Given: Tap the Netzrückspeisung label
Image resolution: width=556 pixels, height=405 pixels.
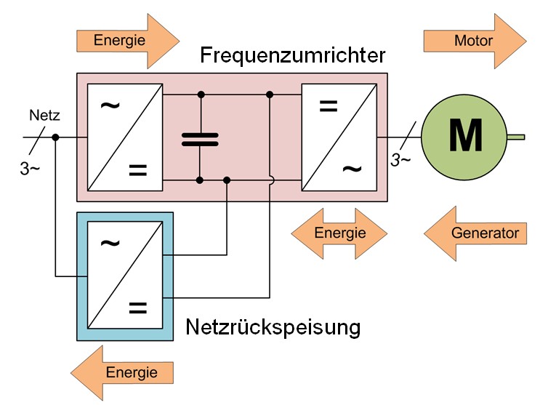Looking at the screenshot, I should tap(273, 327).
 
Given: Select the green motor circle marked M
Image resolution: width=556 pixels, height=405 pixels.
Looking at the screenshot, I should tap(464, 136).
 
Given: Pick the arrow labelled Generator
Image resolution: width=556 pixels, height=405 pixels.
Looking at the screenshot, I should tap(475, 233).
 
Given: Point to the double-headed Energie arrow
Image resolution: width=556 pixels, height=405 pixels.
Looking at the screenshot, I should tap(340, 233).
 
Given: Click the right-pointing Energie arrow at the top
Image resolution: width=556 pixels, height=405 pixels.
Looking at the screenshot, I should tap(127, 41).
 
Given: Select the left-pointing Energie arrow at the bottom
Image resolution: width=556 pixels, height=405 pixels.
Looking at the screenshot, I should tap(127, 373).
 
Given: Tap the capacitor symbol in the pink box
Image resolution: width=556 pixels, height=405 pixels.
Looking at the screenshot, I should tap(200, 138).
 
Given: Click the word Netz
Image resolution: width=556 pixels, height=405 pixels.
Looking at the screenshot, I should tap(42, 115).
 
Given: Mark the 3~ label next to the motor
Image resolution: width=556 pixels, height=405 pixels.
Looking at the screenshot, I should tap(402, 160).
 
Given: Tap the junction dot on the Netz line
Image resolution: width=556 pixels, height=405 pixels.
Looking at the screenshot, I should tap(56, 137).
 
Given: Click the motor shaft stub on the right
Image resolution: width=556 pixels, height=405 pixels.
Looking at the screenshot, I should tap(515, 136).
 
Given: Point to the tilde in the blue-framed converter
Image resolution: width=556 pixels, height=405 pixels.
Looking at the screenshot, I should tap(109, 243).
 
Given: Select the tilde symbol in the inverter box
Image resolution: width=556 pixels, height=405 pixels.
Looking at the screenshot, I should tap(351, 169).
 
